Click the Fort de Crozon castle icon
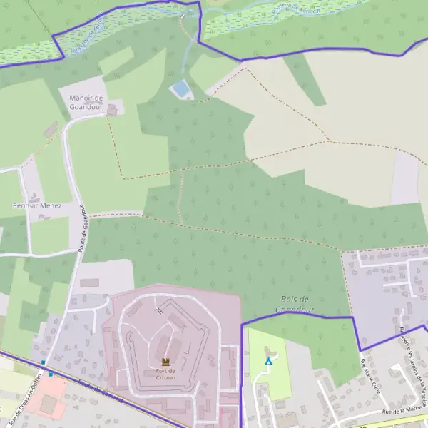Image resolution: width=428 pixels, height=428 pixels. click(x=165, y=362)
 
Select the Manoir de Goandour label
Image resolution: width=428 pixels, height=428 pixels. click(x=86, y=102)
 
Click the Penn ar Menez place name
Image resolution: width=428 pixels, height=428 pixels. click(x=37, y=205)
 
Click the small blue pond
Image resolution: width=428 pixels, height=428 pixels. click(x=181, y=89)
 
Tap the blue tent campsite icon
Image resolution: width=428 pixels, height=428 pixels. click(x=268, y=361)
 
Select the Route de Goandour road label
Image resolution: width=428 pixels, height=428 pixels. click(x=81, y=229)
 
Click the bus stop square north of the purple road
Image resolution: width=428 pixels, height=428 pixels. click(x=44, y=362)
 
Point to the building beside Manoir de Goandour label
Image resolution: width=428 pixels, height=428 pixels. click(x=110, y=109)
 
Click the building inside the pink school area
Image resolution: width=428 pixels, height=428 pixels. click(x=48, y=404)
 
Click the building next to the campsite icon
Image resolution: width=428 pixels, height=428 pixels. click(x=269, y=350)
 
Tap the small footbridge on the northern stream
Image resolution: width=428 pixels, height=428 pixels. click(x=183, y=16)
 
